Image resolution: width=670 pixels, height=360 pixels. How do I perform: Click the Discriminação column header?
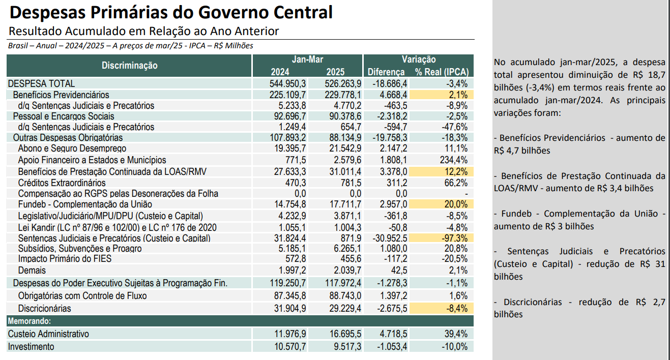point(129,66)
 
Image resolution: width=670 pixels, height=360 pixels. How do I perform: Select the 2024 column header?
point(280,72)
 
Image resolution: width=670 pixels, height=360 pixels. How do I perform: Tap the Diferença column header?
point(386,72)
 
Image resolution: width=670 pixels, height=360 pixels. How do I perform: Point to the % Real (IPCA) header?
point(442,72)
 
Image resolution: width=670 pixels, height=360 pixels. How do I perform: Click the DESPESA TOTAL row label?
point(41,83)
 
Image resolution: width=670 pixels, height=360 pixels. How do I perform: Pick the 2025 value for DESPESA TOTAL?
point(343,83)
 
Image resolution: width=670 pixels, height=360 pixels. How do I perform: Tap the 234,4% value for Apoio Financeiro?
point(453,160)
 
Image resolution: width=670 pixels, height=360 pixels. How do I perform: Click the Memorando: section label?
point(30,321)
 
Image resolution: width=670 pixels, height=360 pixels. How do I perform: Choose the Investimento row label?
point(31,347)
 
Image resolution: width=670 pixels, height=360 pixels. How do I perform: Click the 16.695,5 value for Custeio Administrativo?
point(345,334)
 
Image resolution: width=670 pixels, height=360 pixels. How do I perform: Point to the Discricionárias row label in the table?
point(45,308)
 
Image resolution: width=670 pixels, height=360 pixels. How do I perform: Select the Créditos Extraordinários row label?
point(62,183)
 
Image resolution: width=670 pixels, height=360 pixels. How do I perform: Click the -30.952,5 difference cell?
point(390,238)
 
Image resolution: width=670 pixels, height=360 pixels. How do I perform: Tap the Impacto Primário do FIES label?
point(65,259)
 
